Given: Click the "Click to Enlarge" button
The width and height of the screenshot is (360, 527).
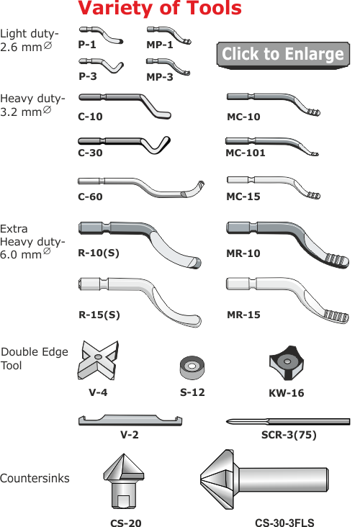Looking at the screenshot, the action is [283, 55].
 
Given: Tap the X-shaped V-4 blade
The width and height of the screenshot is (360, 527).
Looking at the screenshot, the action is [98, 360].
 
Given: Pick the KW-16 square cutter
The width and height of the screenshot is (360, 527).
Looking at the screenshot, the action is [287, 363].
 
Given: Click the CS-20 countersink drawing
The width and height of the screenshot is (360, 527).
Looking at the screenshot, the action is [124, 482].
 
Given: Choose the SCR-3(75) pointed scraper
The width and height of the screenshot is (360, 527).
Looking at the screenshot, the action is [288, 421].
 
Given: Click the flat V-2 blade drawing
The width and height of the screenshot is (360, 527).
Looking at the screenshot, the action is [130, 420].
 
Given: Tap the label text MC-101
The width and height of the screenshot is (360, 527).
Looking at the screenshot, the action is [246, 153].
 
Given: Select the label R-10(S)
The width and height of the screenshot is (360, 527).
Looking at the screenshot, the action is [99, 253].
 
